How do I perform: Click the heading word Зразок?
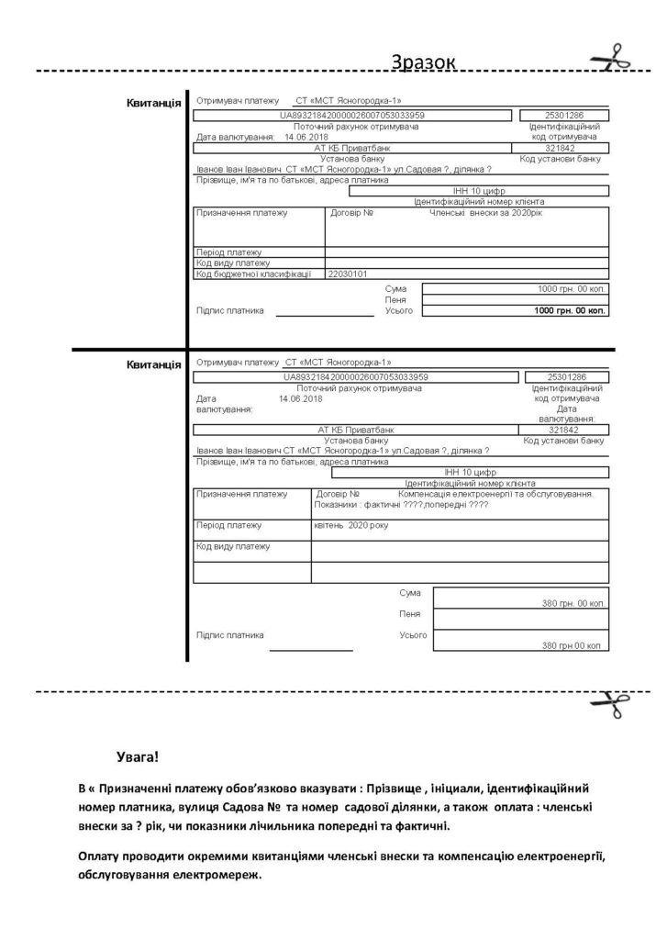pos(422,62)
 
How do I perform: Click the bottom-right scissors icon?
pos(609,708)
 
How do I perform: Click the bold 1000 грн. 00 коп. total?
pos(570,311)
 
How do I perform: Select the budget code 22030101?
pos(348,274)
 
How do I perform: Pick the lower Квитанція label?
pos(153,364)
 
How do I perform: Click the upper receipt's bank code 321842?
pos(559,148)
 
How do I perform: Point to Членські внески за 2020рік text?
pos(485,213)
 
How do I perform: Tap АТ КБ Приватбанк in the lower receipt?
pos(355,429)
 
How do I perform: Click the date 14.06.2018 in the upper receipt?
pos(306,137)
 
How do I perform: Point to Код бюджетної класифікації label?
pos(254,274)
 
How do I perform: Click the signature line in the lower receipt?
pos(311,650)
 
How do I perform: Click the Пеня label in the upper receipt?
pos(395,300)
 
